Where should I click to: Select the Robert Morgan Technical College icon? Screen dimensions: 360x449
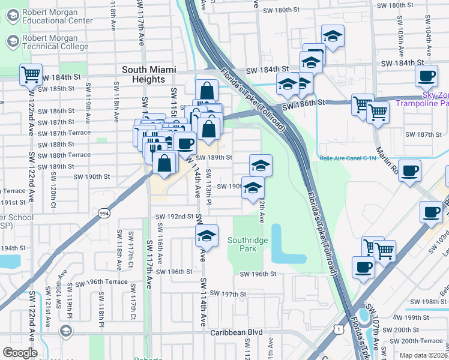(x=13, y=41)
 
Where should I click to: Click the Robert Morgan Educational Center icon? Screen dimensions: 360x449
(x=13, y=16)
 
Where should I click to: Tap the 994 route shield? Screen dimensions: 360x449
(x=104, y=212)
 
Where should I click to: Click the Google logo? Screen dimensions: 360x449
(x=20, y=353)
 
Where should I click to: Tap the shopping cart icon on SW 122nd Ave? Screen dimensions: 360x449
(x=30, y=76)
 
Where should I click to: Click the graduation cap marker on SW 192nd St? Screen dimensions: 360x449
(x=206, y=235)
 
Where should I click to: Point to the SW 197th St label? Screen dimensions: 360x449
(x=226, y=294)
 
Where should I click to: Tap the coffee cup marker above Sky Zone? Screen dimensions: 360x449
(x=427, y=76)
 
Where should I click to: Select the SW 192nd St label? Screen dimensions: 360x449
(x=174, y=216)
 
